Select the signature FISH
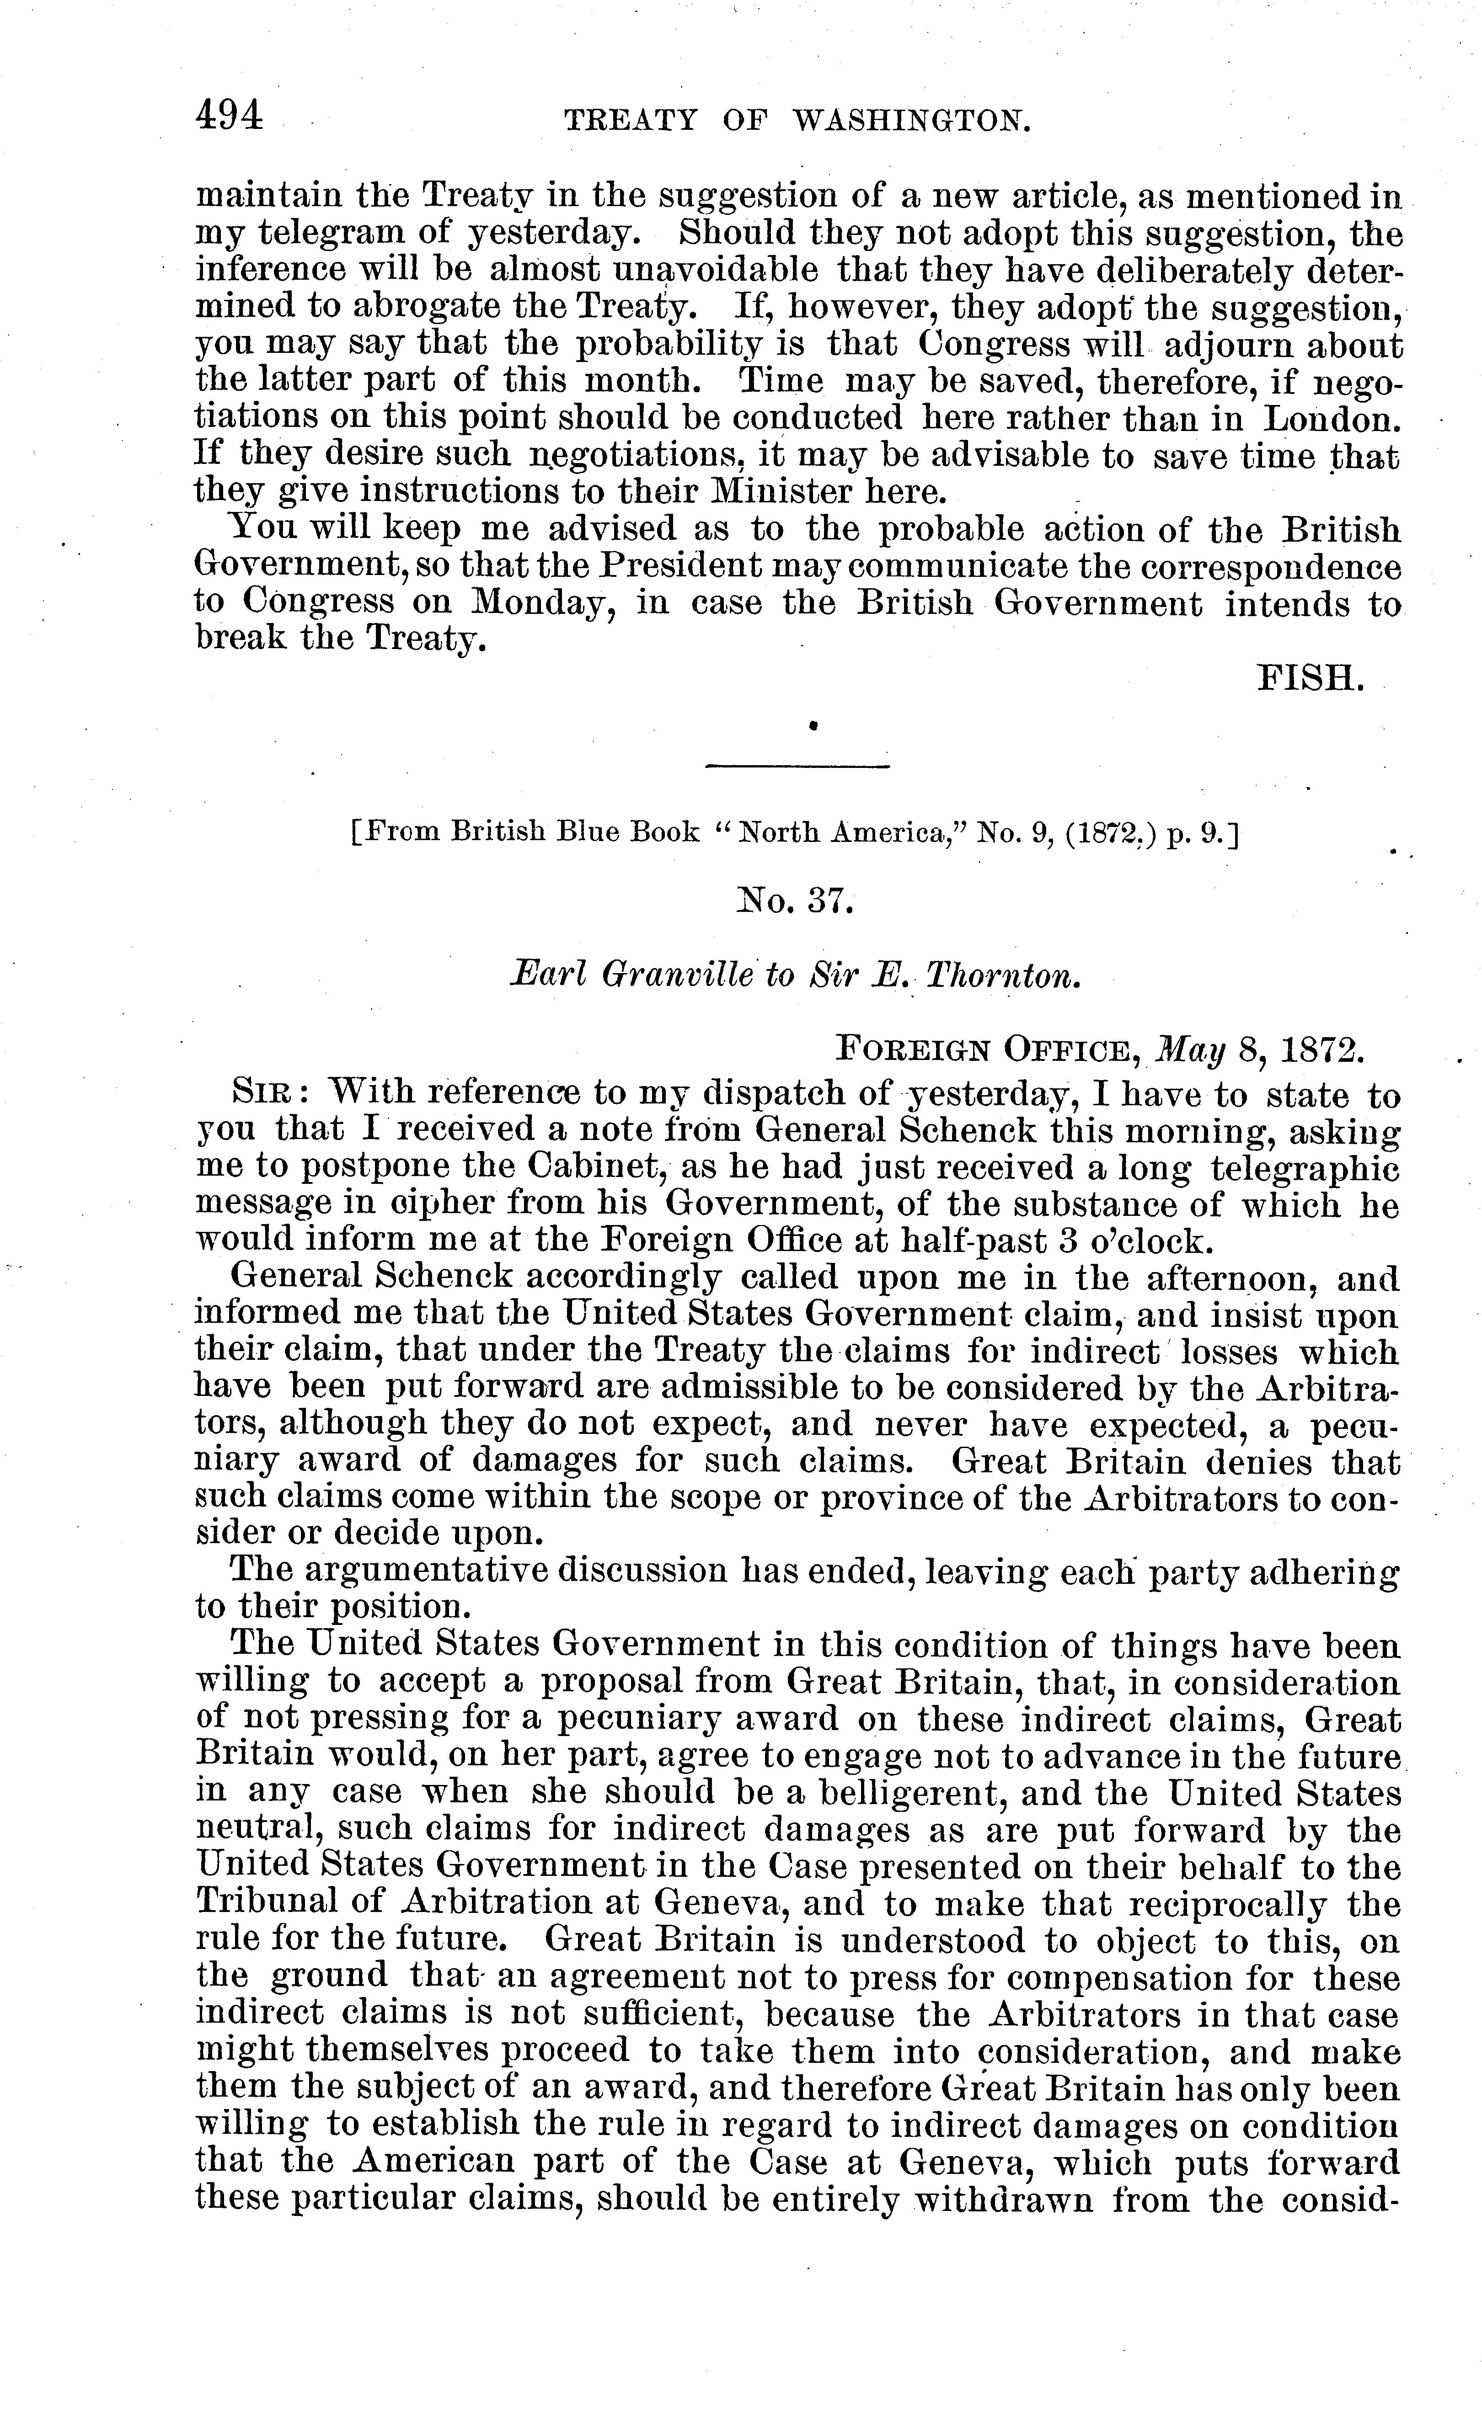(x=1310, y=679)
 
